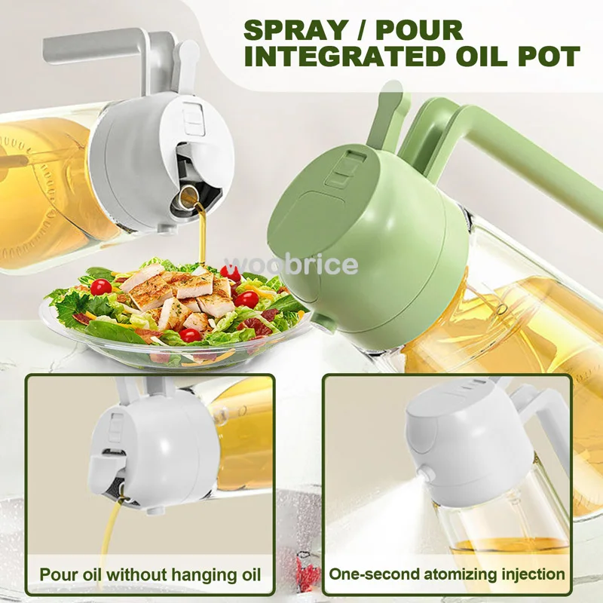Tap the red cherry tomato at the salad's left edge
coord(100,286)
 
